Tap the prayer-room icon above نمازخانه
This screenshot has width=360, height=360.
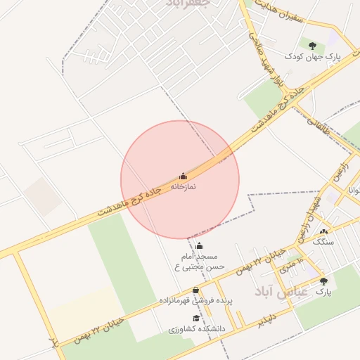[183, 176]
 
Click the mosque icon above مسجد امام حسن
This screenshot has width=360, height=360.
[199, 246]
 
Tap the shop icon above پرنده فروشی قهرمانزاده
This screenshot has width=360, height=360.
[195, 290]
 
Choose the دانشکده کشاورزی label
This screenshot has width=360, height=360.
[197, 328]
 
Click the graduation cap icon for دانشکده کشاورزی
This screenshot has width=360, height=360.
[195, 318]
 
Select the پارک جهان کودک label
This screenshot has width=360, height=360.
[312, 56]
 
